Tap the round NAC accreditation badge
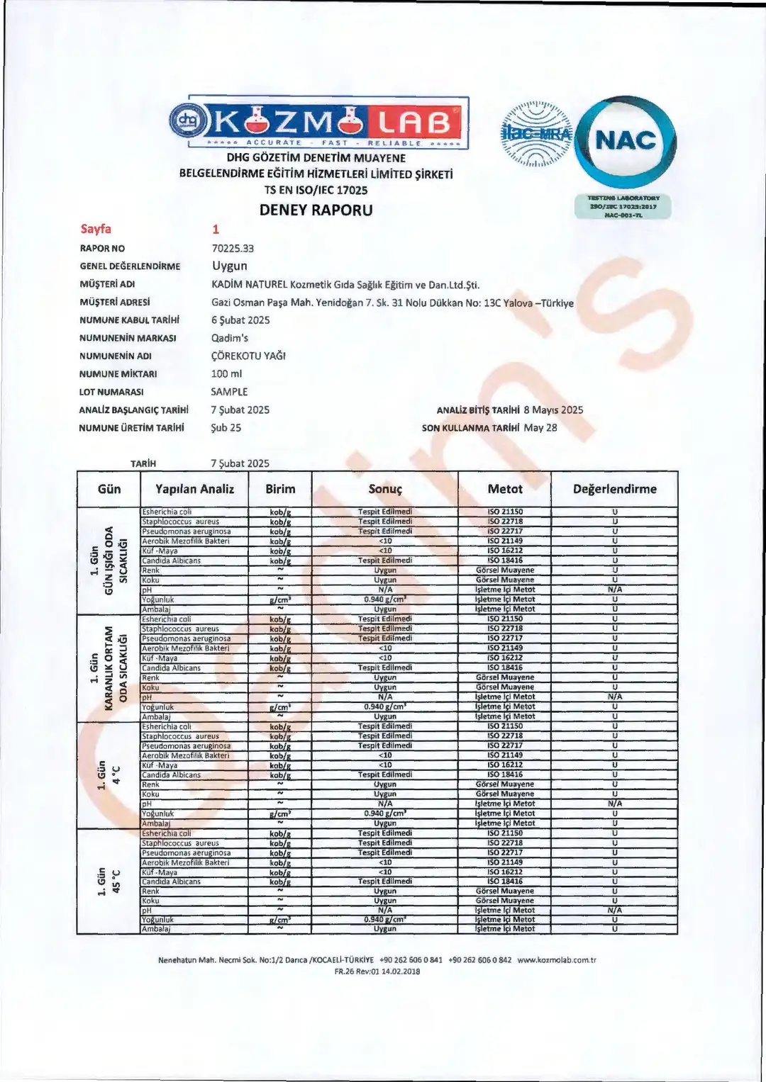point(625,141)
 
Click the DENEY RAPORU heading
point(316,210)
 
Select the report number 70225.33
point(233,249)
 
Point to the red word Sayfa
point(96,229)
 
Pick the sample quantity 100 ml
point(226,373)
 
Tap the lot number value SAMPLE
point(229,392)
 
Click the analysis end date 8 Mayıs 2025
point(553,410)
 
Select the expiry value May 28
point(540,428)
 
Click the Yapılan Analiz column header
point(194,489)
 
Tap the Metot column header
point(505,489)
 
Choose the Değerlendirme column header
point(614,489)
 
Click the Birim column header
point(280,489)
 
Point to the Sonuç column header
point(385,489)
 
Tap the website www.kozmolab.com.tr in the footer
point(557,960)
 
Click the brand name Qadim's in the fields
point(230,338)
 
